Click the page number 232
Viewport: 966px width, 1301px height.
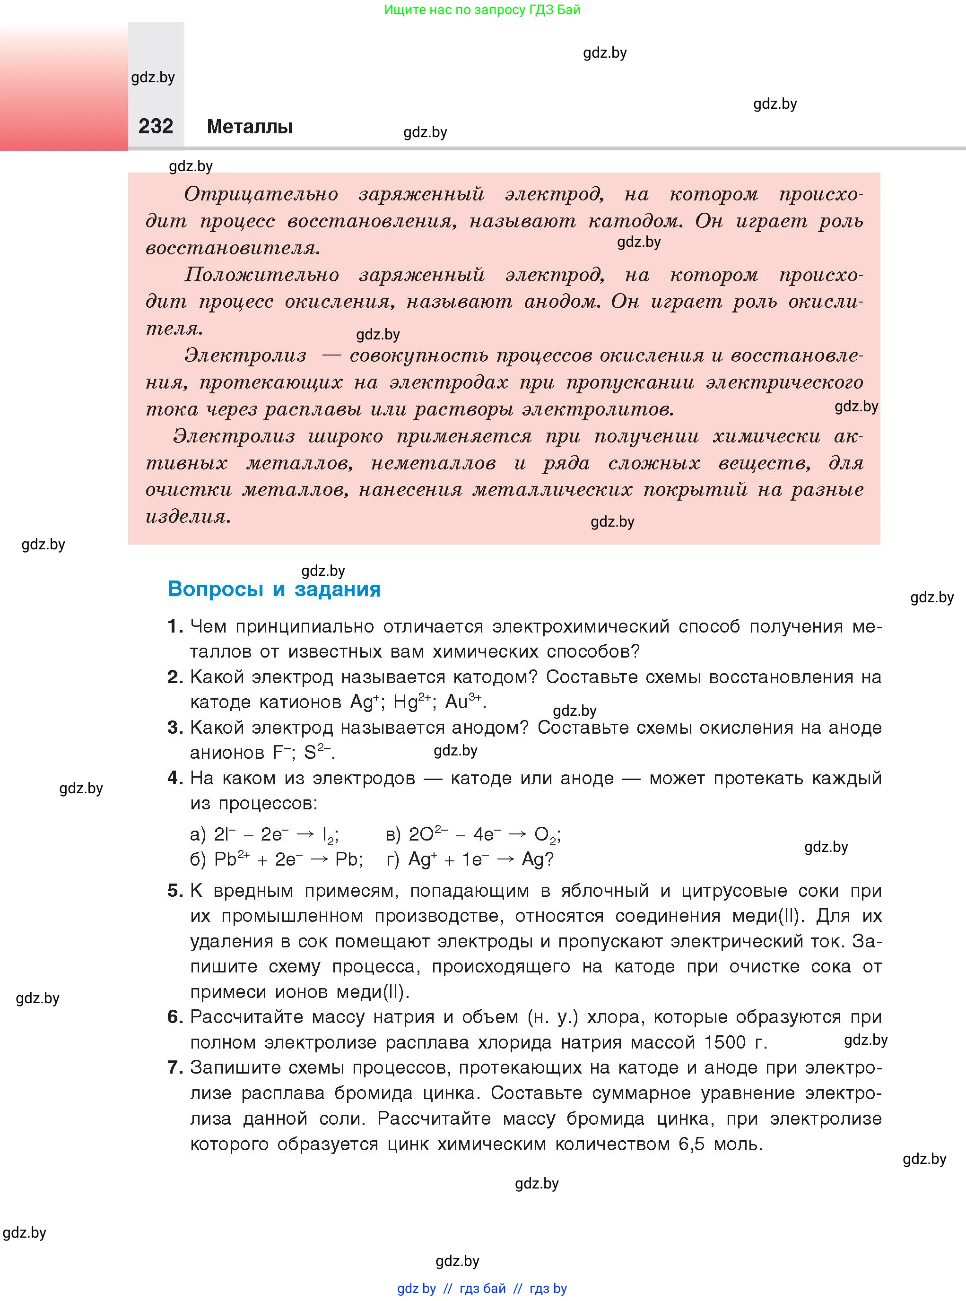[x=156, y=126]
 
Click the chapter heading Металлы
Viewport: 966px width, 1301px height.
[x=250, y=127]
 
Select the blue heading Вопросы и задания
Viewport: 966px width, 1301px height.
[x=274, y=589]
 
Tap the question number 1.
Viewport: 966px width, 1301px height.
[x=173, y=626]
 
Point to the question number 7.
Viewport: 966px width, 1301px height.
[x=174, y=1067]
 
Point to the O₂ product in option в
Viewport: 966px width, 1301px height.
[x=544, y=835]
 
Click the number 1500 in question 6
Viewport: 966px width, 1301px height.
[x=724, y=1042]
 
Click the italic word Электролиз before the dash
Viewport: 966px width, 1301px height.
[x=245, y=355]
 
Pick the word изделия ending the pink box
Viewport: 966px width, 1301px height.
[x=187, y=516]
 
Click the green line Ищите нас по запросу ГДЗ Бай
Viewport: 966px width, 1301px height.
[x=482, y=10]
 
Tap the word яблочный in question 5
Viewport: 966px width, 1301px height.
[x=605, y=891]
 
